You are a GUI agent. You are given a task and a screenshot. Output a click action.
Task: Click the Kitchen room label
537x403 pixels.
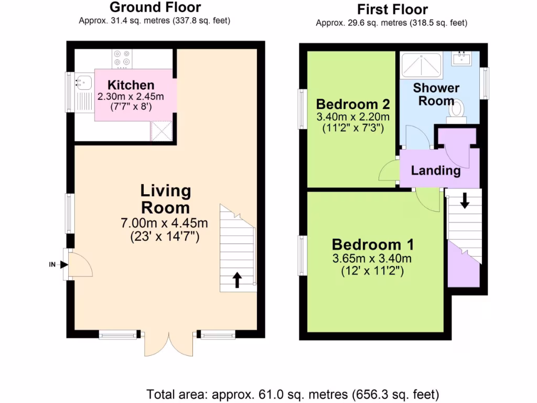[131, 85]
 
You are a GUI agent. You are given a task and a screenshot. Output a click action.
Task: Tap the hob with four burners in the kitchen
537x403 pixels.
[122, 58]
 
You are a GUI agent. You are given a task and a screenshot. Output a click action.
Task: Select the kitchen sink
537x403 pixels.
[83, 82]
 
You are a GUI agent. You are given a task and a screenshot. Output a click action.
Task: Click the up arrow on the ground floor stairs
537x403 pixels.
[237, 280]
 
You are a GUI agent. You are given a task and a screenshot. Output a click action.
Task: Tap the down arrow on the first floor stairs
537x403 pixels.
[465, 201]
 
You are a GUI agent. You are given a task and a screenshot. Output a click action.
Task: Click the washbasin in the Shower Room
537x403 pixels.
[463, 57]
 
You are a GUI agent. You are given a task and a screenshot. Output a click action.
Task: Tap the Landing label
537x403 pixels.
[436, 171]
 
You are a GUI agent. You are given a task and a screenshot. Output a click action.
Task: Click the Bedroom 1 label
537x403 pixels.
[373, 245]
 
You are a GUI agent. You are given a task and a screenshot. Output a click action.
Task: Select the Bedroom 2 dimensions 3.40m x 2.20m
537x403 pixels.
[353, 116]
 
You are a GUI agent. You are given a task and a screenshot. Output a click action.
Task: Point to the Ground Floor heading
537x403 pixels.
[155, 7]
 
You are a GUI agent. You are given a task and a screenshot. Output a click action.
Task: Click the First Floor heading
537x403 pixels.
[392, 9]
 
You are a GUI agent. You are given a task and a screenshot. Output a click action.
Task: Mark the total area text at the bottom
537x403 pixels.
[296, 394]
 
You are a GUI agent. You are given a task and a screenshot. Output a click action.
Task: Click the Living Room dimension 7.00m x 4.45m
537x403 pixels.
[165, 223]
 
